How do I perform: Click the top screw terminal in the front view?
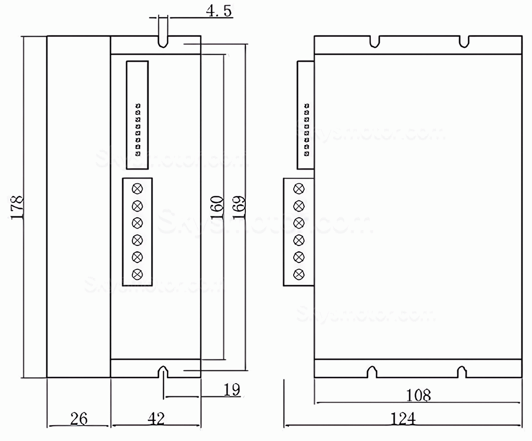(x=138, y=188)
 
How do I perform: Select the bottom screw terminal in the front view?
(x=138, y=274)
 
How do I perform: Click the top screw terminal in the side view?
(x=299, y=188)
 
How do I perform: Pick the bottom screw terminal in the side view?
(x=299, y=274)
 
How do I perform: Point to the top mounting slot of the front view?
(x=163, y=41)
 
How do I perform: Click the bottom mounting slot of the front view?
(x=163, y=372)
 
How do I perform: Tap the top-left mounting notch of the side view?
(x=376, y=41)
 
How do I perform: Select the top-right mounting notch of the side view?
(x=464, y=41)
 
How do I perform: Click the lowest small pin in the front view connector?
(x=138, y=154)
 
